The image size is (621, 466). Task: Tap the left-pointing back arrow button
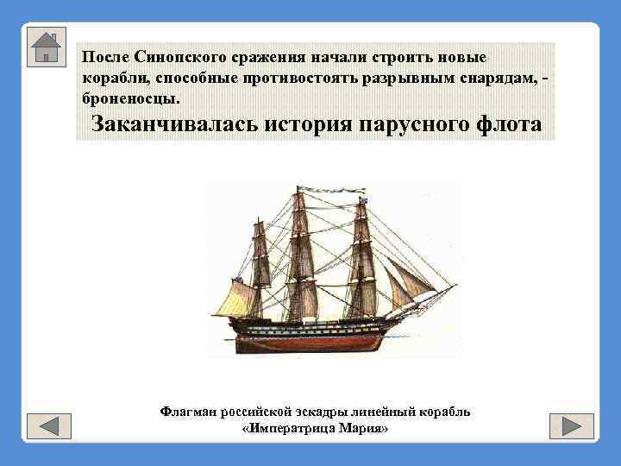coord(48,425)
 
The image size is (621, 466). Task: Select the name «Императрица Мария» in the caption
coord(315,429)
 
